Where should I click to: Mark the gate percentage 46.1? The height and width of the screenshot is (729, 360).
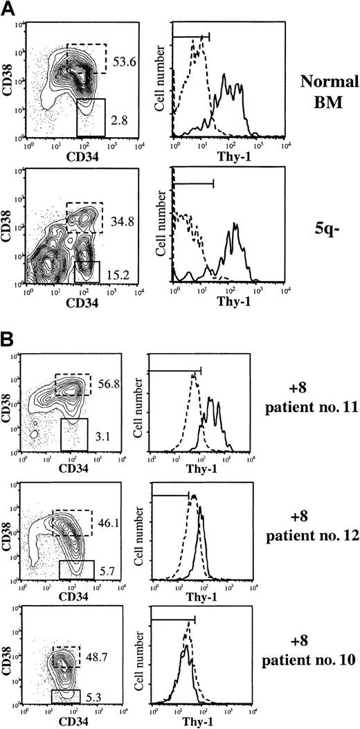click(103, 517)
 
